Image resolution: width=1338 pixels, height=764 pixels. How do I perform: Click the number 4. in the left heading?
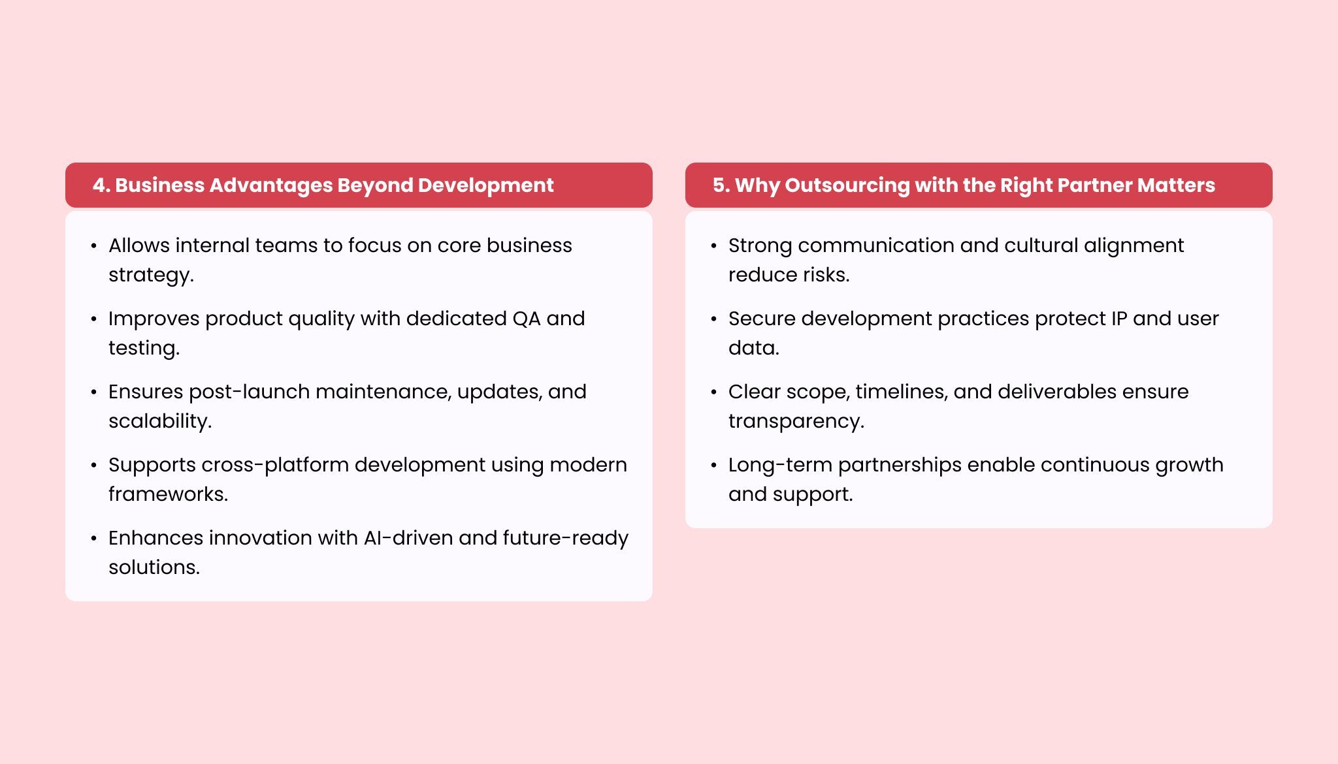101,185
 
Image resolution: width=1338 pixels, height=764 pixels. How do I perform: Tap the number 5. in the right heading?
721,185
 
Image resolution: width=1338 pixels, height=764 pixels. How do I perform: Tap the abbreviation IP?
1119,319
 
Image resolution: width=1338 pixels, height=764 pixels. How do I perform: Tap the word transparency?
796,422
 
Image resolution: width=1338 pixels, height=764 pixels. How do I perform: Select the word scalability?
160,422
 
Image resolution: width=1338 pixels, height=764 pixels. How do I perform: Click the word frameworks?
168,494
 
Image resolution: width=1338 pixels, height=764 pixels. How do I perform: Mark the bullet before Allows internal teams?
94,246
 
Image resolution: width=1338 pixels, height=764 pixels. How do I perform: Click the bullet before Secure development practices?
714,319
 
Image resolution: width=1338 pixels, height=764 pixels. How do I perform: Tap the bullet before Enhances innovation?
94,539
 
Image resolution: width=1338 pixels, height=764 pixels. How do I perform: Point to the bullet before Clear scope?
714,392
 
